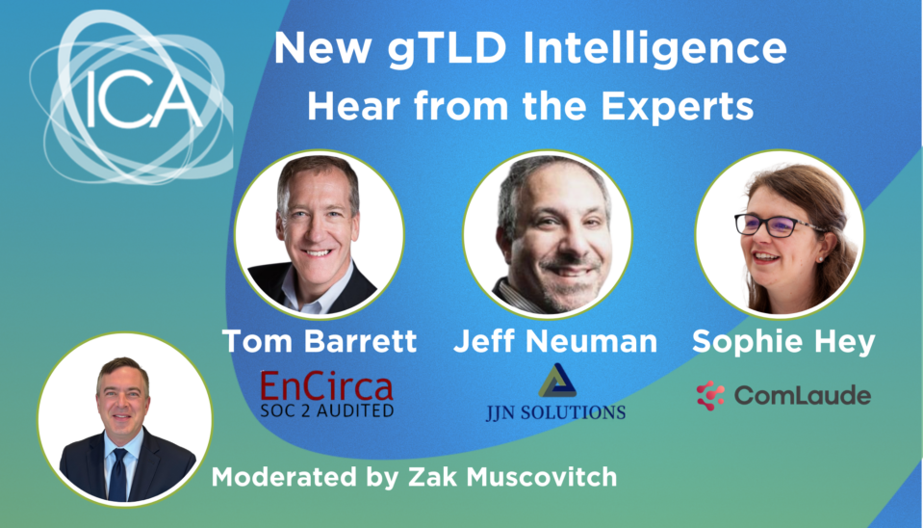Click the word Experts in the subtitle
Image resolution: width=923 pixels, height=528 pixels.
679,107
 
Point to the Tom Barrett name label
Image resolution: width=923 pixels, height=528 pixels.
319,341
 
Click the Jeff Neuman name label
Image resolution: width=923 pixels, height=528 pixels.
555,341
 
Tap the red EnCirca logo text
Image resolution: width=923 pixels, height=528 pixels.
326,387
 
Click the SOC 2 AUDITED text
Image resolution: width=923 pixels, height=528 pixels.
326,410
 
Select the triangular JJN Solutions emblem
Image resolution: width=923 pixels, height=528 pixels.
556,381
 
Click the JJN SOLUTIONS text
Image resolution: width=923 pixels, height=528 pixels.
555,411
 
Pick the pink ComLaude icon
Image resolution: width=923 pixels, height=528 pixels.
710,395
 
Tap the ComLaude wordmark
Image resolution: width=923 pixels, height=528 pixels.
803,395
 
